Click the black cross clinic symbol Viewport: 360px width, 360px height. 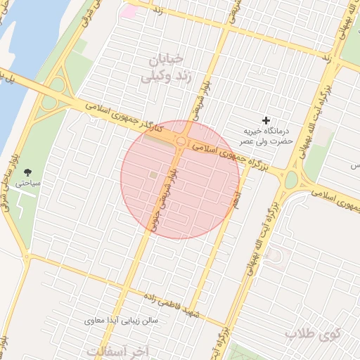point(266,121)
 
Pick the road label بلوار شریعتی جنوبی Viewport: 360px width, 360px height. point(164,199)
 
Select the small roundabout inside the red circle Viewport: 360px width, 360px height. point(181,142)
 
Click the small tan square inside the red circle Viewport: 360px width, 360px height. point(153,174)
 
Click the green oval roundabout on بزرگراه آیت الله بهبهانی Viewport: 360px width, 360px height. point(290,180)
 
